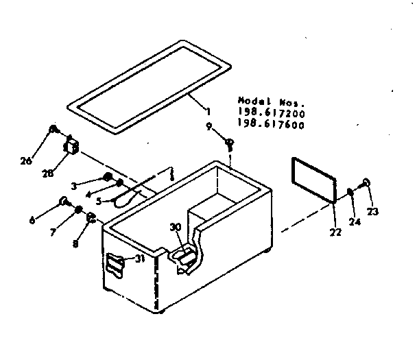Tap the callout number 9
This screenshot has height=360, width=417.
[x=208, y=126]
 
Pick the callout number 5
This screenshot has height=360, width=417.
[x=99, y=202]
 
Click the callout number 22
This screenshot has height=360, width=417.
[x=335, y=232]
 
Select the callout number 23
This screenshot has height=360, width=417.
[x=373, y=213]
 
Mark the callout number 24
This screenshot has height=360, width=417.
[x=354, y=222]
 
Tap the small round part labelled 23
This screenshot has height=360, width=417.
[x=367, y=183]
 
